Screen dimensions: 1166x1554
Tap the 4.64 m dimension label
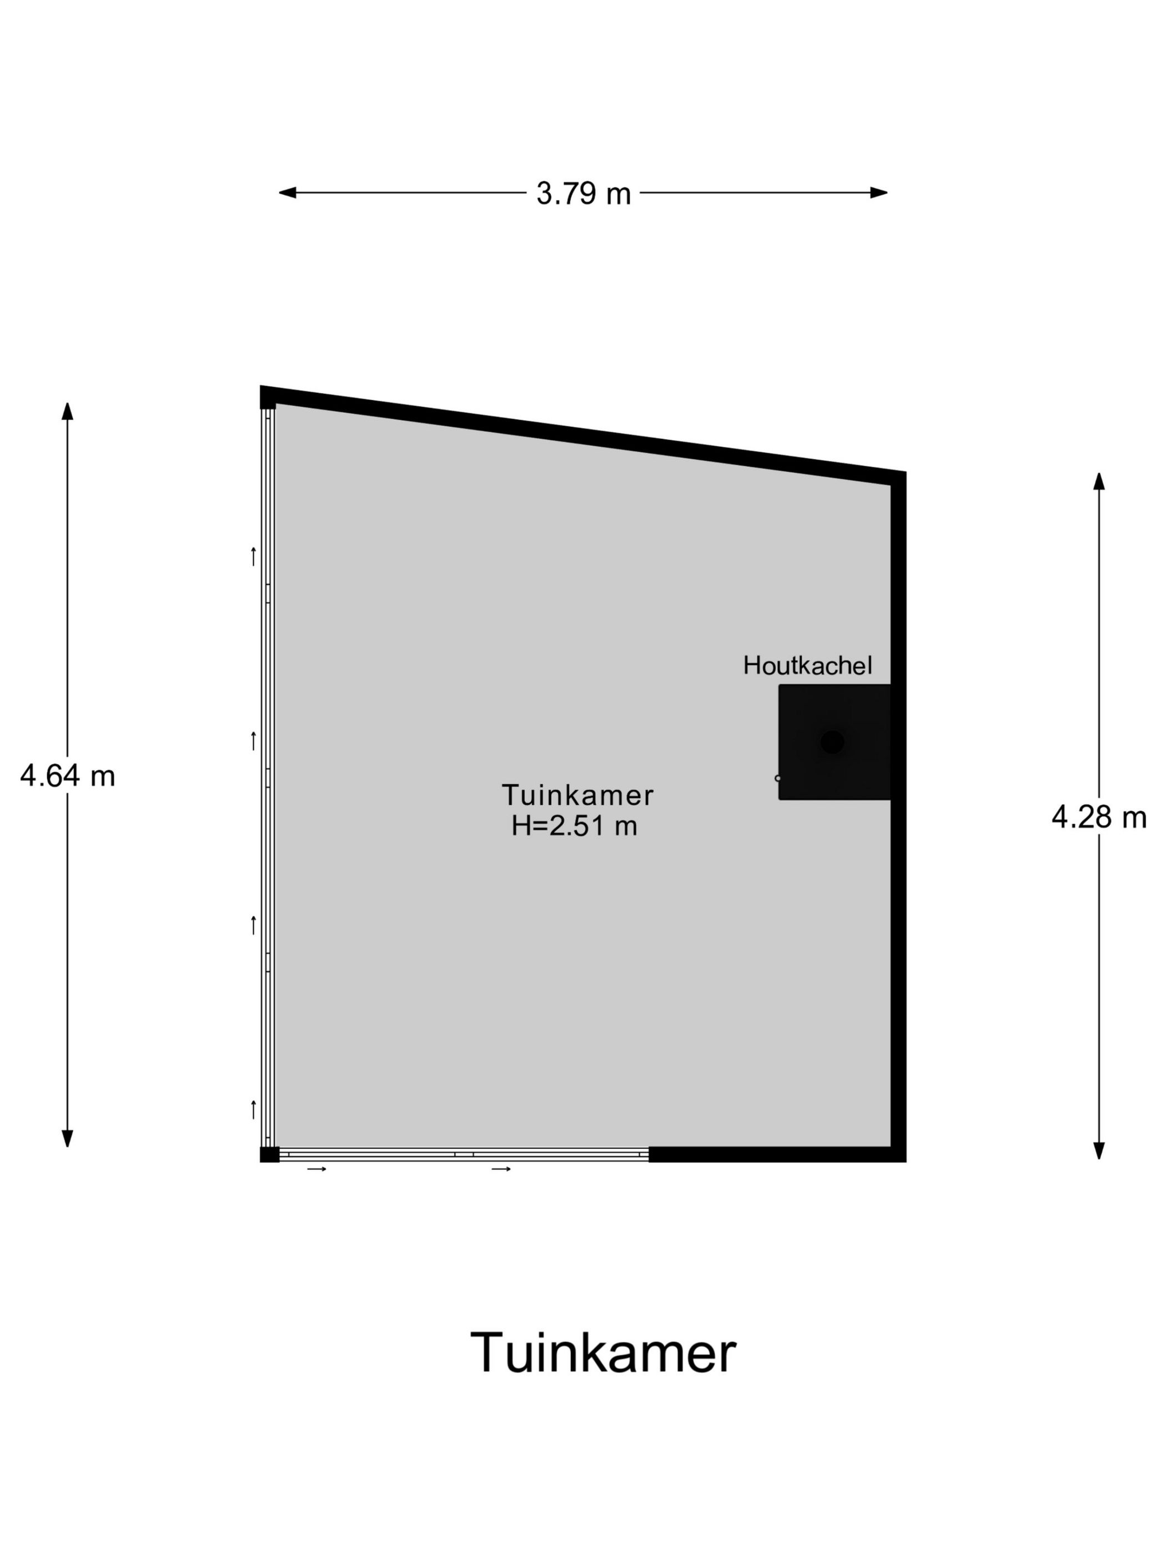click(x=68, y=776)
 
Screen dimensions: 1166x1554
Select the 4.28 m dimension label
click(x=1098, y=817)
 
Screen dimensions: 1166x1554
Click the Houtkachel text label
click(x=807, y=665)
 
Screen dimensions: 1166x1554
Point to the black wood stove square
click(x=835, y=742)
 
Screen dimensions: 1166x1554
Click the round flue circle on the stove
click(x=832, y=742)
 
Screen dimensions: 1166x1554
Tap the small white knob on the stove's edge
click(x=777, y=779)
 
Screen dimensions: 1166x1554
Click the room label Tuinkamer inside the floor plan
click(x=577, y=795)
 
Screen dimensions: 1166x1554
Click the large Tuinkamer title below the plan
click(x=602, y=1351)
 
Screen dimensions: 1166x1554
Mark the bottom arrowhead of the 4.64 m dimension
click(x=68, y=1139)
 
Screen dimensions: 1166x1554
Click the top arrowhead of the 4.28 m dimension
click(x=1098, y=481)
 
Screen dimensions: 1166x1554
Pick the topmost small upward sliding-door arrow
click(x=253, y=557)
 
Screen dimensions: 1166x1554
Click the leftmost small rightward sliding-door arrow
click(x=317, y=1169)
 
